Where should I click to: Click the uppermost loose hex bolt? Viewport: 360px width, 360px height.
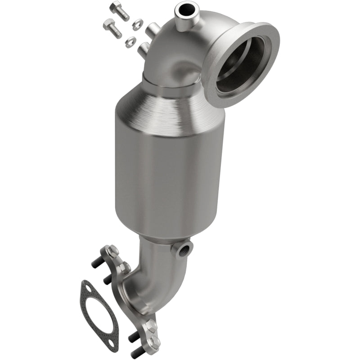point(119,10)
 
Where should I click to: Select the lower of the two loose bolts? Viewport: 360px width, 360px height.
point(112,28)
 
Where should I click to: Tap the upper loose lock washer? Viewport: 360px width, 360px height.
point(137,22)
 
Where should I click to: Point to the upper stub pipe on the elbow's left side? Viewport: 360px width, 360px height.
point(151,31)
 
